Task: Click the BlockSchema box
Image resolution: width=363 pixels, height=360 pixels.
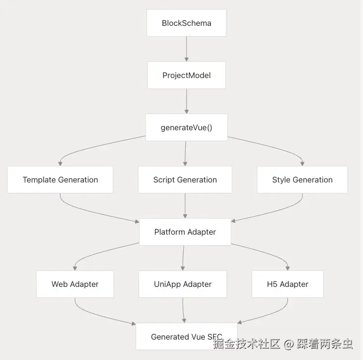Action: click(186, 23)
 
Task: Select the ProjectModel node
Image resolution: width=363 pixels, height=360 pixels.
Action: click(186, 75)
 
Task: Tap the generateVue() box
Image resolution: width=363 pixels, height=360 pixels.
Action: click(186, 127)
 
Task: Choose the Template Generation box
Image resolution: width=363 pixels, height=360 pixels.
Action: click(60, 180)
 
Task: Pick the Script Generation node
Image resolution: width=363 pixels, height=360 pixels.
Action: click(185, 180)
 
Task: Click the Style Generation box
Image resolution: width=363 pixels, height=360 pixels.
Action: click(302, 180)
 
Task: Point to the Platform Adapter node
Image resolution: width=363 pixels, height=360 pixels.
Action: click(185, 232)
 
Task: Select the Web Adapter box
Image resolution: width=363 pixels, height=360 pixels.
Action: click(75, 284)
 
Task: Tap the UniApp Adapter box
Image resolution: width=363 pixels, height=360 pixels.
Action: click(183, 284)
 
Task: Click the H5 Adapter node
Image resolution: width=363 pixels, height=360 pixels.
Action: click(288, 284)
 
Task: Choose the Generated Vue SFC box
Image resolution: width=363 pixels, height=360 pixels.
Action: click(186, 337)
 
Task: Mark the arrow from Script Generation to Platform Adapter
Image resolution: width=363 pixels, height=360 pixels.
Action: click(185, 205)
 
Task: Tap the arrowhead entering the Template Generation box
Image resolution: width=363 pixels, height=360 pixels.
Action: click(61, 163)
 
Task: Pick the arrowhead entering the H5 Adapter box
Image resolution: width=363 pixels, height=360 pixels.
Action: click(288, 268)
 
